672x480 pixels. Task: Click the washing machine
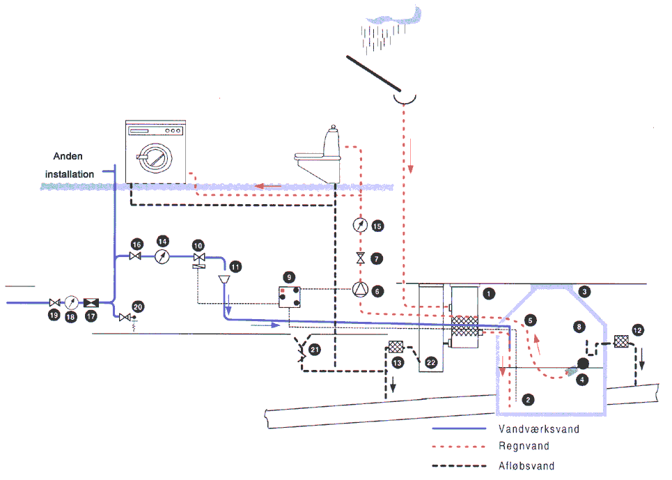coord(155,152)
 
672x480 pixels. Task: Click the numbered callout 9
coord(289,277)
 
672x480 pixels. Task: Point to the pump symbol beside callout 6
coord(361,290)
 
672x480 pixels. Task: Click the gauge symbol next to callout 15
coord(361,224)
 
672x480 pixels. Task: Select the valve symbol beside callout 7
coord(361,258)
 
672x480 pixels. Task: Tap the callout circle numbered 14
coord(162,241)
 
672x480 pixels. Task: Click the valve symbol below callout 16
coord(135,256)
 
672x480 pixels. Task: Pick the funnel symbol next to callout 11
coord(224,279)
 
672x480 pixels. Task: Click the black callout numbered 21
coord(315,350)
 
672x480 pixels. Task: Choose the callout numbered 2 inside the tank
coord(528,400)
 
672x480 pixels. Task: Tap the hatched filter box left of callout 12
coord(621,341)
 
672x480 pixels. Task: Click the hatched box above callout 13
coord(396,346)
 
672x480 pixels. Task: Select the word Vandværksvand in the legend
coord(539,429)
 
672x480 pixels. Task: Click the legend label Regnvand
coord(524,446)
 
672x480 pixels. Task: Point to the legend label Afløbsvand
coord(526,466)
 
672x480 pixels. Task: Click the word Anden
coord(68,156)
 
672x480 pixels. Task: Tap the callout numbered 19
coord(54,316)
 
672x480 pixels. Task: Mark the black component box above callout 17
coord(91,303)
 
